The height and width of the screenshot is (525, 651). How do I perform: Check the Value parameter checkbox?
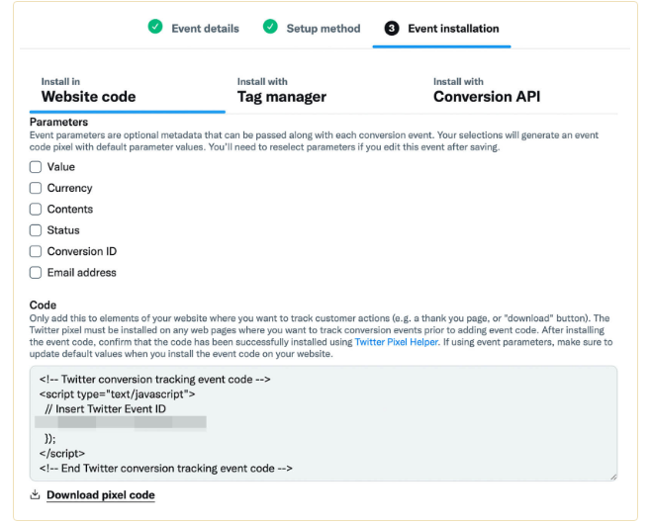36,167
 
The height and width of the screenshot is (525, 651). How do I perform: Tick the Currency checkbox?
36,188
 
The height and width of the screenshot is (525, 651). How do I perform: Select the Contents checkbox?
36,210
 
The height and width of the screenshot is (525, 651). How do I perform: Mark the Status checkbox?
36,230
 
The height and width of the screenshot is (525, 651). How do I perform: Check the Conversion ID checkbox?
36,251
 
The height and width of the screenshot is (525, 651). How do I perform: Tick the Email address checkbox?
36,273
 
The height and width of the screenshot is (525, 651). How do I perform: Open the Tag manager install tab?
281,97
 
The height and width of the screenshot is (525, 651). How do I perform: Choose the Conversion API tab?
487,97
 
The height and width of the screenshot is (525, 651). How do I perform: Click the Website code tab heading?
88,97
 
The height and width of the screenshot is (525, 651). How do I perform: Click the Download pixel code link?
100,494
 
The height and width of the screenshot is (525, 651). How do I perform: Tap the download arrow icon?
35,494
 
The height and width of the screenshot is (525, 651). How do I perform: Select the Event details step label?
205,29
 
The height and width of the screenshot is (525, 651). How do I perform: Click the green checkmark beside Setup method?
270,28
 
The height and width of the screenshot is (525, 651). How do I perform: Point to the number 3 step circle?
392,29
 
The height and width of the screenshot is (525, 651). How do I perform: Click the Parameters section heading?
59,123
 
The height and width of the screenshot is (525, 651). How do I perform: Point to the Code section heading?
43,306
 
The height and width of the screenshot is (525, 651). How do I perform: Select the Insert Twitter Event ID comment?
107,407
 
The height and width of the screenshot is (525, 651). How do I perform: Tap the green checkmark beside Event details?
155,28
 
